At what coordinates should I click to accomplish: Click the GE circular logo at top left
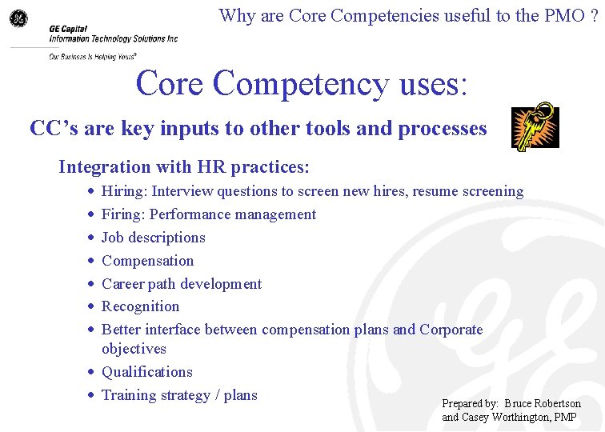[18, 18]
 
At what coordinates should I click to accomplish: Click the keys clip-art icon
[535, 126]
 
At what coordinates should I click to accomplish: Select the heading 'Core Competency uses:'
[301, 83]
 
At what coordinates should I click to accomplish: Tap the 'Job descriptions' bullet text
[153, 238]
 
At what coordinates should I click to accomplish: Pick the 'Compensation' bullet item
[147, 261]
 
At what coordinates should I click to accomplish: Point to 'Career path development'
[182, 284]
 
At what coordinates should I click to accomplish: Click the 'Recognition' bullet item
[140, 306]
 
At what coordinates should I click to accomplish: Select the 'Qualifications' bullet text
[146, 372]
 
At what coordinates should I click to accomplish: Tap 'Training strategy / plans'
[179, 394]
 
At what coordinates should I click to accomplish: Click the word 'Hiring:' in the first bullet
[125, 191]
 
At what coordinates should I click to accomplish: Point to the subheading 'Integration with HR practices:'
[183, 167]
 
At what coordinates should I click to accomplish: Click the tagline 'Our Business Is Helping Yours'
[92, 57]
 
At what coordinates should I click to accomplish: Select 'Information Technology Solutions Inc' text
[113, 38]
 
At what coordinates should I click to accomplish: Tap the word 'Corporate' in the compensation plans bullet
[451, 330]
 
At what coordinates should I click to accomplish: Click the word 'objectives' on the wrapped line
[134, 349]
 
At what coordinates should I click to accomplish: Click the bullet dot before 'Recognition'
[91, 307]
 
